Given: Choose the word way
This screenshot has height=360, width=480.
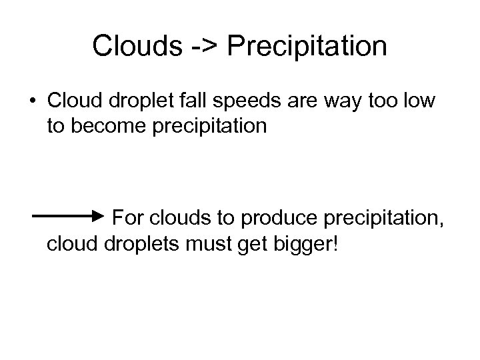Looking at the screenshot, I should (x=363, y=101).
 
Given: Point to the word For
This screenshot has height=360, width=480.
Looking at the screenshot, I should (x=127, y=218).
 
